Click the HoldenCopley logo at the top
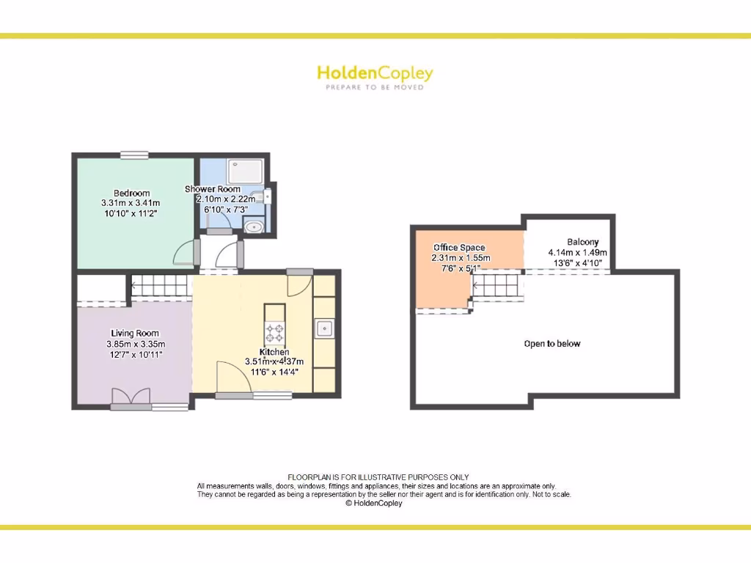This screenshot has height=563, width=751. [x=375, y=73]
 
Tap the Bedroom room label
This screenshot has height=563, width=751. [x=131, y=193]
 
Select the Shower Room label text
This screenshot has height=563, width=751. [x=213, y=189]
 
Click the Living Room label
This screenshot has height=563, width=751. [x=135, y=334]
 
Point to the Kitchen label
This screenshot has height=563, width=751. [x=274, y=352]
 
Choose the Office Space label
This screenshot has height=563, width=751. [x=459, y=248]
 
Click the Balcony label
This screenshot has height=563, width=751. [x=582, y=242]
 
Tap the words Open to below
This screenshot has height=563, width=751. [x=552, y=343]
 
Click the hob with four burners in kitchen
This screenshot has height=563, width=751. [x=276, y=334]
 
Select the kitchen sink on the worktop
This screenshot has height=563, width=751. [x=325, y=328]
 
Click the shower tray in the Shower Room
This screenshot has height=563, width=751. [x=244, y=172]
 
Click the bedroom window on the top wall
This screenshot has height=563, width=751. [x=134, y=154]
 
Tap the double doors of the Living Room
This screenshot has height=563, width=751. [x=132, y=396]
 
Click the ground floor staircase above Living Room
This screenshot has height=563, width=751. [x=161, y=286]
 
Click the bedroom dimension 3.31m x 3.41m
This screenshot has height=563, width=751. [x=131, y=203]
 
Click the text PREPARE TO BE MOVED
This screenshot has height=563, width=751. [x=375, y=87]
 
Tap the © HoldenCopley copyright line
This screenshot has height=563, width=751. [x=374, y=503]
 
